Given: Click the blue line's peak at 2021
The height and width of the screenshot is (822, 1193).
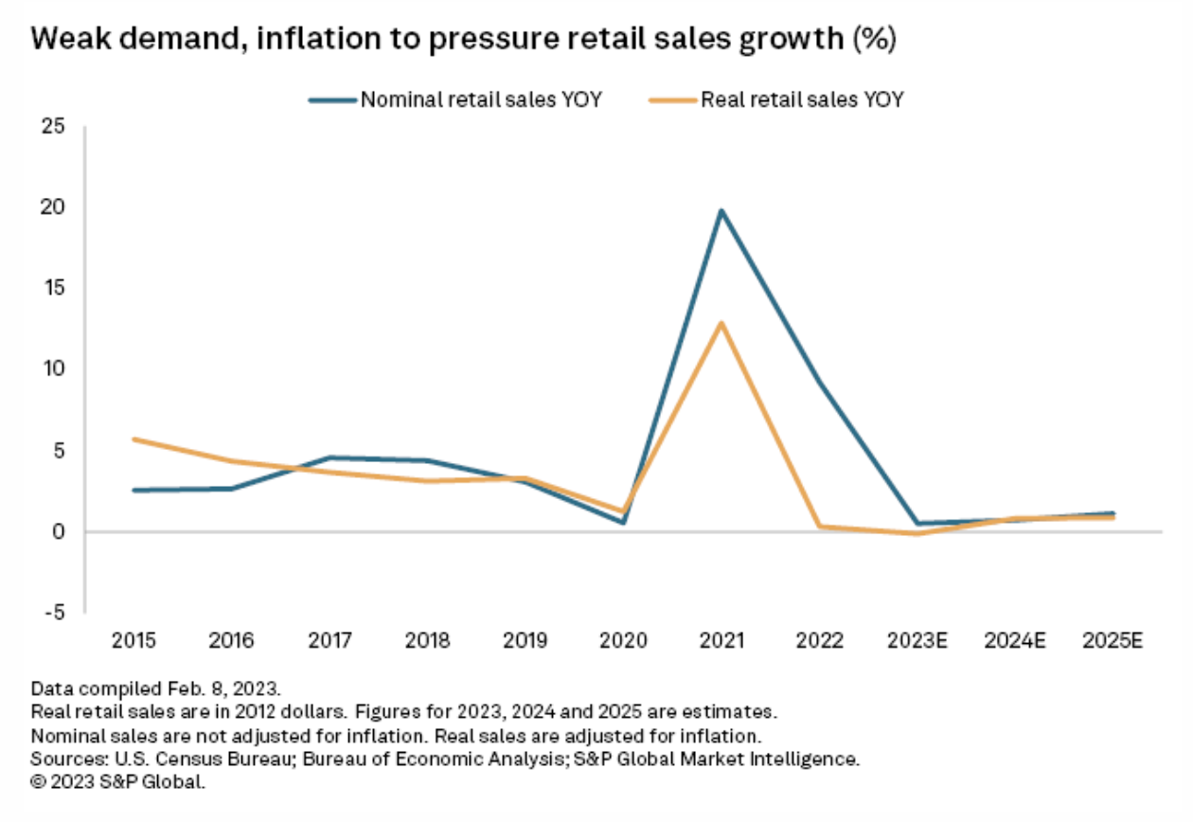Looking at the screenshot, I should [x=721, y=210].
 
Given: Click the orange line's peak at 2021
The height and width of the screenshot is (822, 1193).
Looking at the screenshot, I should [x=721, y=323].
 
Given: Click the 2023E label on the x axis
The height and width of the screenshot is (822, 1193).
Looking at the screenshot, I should [x=917, y=641].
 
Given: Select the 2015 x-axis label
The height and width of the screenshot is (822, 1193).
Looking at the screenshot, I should [x=134, y=641].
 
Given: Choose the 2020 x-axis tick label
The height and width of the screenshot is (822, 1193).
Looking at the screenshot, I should [x=624, y=641].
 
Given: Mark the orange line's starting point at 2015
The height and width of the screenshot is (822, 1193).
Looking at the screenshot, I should [x=134, y=439].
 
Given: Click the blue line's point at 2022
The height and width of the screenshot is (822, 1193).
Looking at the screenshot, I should [x=820, y=384].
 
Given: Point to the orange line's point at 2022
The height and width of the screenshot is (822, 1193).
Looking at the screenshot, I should [x=820, y=527].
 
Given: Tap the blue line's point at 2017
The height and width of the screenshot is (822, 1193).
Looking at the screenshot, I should [x=330, y=457].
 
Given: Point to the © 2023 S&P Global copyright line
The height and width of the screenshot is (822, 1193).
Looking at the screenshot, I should [x=117, y=782].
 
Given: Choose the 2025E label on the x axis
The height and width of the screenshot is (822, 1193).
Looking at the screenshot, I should [x=1113, y=641].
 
